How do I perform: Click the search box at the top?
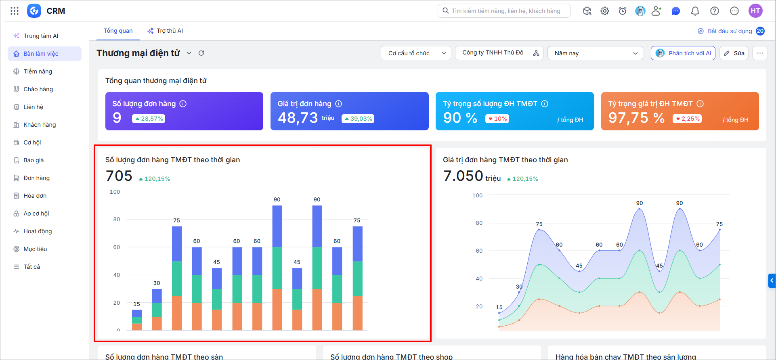pos(504,11)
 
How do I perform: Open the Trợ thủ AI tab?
pos(165,31)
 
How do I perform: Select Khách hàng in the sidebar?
pos(40,125)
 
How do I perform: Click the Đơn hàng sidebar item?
pos(36,178)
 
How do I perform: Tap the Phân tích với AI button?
pos(683,53)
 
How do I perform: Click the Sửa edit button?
pos(734,53)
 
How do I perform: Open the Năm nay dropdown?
pos(595,53)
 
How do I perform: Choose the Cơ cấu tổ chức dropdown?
pos(416,53)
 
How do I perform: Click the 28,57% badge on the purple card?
pos(149,119)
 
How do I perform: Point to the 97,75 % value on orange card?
pos(636,118)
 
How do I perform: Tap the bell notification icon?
pos(695,11)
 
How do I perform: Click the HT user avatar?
pos(755,11)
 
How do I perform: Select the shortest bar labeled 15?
pos(137,320)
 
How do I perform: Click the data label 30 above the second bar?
pos(157,283)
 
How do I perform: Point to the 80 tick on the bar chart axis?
pos(116,219)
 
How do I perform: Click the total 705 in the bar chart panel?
pos(119,176)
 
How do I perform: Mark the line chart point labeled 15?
pos(499,313)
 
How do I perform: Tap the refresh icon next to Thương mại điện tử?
pos(201,53)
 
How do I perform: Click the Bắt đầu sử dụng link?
pos(730,31)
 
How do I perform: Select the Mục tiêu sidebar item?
pos(35,249)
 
